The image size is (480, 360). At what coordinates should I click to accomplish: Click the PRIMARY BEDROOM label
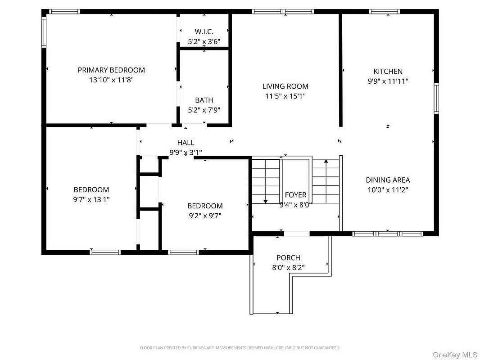pos(111,70)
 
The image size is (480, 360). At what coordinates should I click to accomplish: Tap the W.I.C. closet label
pos(204,31)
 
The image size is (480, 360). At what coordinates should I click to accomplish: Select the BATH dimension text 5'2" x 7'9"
pos(204,110)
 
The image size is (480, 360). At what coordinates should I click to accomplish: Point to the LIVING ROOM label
pos(285,86)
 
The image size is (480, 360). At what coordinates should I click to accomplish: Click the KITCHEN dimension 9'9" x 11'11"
pos(388,81)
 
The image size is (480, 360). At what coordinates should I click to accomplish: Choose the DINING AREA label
pos(388,180)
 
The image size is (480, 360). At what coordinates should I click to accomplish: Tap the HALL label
pos(186,143)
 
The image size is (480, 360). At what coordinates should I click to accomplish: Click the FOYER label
pos(295,195)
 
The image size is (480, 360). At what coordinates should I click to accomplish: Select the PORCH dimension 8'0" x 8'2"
pos(288,268)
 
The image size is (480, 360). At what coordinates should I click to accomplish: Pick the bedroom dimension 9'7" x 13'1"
pos(91,199)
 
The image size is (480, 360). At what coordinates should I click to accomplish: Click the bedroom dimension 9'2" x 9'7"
pos(205,216)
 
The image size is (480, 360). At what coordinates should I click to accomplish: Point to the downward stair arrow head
pos(265,201)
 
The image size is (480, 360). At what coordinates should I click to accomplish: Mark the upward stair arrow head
pos(326,161)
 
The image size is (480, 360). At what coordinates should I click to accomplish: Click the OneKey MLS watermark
pos(455,355)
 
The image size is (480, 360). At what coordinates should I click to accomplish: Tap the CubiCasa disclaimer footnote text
pos(240,348)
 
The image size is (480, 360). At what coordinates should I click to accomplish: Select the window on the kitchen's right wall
pos(436,98)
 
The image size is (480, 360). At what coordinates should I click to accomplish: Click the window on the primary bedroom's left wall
pos(44,32)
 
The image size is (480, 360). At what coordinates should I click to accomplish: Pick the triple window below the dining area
pos(388,234)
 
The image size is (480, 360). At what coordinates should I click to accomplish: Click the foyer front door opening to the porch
pos(297,234)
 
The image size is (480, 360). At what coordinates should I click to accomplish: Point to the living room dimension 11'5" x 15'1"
pos(285,96)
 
